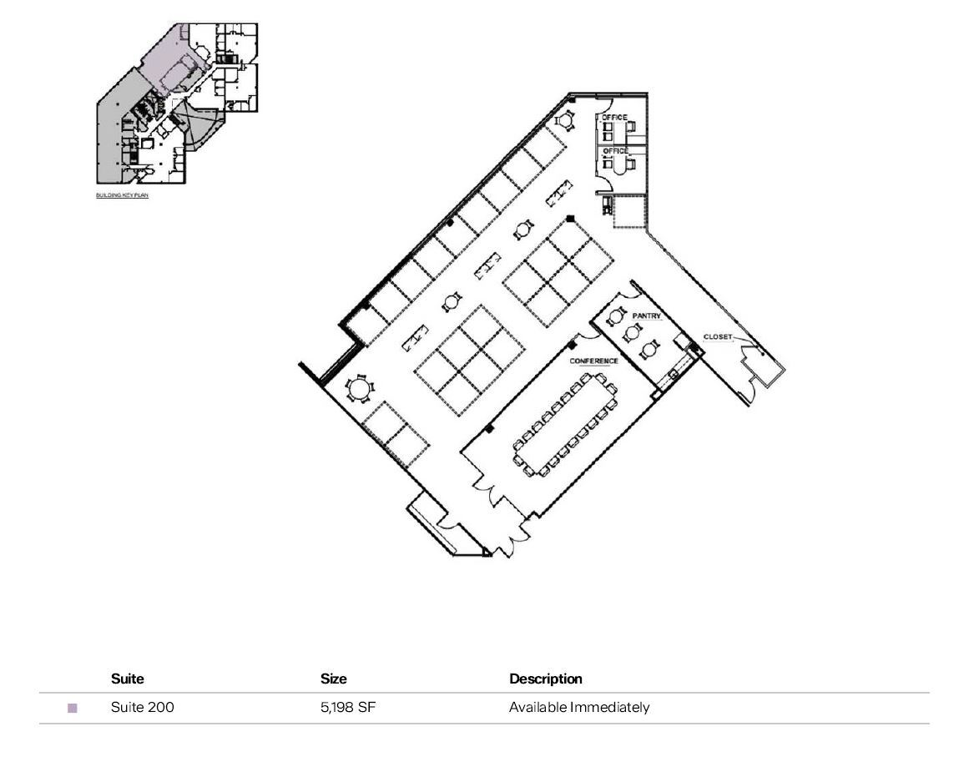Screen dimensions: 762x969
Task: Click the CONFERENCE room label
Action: point(593,361)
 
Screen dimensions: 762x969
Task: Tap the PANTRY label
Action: point(646,316)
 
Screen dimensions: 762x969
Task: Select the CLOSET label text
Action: point(717,337)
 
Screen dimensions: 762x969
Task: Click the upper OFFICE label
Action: point(614,118)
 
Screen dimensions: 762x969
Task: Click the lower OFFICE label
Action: point(615,151)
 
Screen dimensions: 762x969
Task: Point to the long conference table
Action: point(565,426)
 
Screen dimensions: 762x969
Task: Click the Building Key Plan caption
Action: point(122,195)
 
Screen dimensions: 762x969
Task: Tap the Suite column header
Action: point(127,679)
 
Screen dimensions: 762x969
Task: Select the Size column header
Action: point(333,679)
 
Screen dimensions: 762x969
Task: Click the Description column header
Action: point(545,679)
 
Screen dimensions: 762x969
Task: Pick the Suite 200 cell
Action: point(142,708)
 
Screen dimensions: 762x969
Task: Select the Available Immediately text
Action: point(578,708)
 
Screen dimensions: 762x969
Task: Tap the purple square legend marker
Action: point(73,709)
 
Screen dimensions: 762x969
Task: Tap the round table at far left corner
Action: point(359,389)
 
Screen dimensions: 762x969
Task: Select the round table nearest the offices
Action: point(566,122)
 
